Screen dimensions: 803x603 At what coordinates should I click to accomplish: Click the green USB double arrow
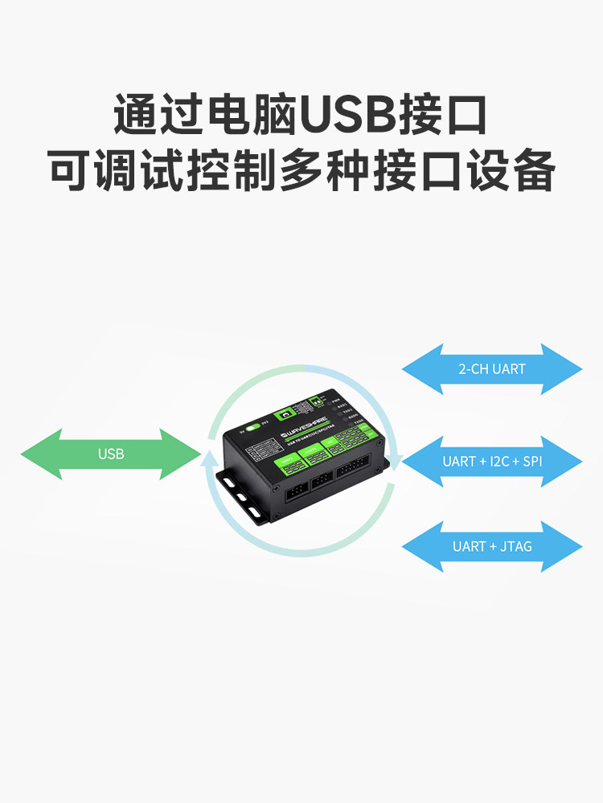[111, 454]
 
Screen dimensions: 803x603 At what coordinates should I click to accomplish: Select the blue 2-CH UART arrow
[492, 369]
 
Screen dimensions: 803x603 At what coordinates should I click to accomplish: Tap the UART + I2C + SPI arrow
[492, 462]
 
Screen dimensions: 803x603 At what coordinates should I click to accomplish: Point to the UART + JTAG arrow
[492, 547]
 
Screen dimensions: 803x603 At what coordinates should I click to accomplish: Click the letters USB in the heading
[347, 115]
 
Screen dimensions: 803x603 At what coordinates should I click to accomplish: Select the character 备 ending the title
[531, 169]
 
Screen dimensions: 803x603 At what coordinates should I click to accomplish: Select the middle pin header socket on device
[322, 480]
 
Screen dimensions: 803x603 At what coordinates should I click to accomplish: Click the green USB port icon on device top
[283, 416]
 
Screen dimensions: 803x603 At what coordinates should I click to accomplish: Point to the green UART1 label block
[287, 463]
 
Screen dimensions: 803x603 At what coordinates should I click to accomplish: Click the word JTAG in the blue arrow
[515, 547]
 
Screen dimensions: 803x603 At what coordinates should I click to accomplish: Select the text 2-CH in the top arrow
[472, 369]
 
